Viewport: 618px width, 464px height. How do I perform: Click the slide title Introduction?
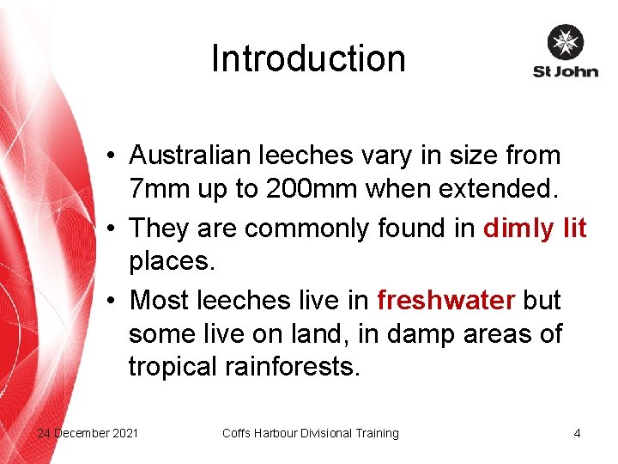pyautogui.click(x=308, y=58)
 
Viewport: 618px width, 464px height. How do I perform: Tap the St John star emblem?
pyautogui.click(x=565, y=42)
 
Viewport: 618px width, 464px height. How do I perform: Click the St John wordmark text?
pyautogui.click(x=565, y=71)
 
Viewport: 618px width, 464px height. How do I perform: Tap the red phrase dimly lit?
pyautogui.click(x=535, y=228)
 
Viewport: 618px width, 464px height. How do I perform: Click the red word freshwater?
pyautogui.click(x=446, y=300)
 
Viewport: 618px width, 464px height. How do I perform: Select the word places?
pyautogui.click(x=172, y=261)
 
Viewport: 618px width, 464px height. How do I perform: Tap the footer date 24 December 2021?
pyautogui.click(x=88, y=433)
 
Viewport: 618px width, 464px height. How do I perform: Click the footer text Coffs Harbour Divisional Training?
pyautogui.click(x=311, y=433)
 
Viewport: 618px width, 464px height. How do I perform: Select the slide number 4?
pyautogui.click(x=577, y=433)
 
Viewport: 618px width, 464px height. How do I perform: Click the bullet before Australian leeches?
pyautogui.click(x=113, y=157)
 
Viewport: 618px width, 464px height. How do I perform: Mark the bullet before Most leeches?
pyautogui.click(x=113, y=302)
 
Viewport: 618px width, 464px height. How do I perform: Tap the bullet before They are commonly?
pyautogui.click(x=113, y=229)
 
